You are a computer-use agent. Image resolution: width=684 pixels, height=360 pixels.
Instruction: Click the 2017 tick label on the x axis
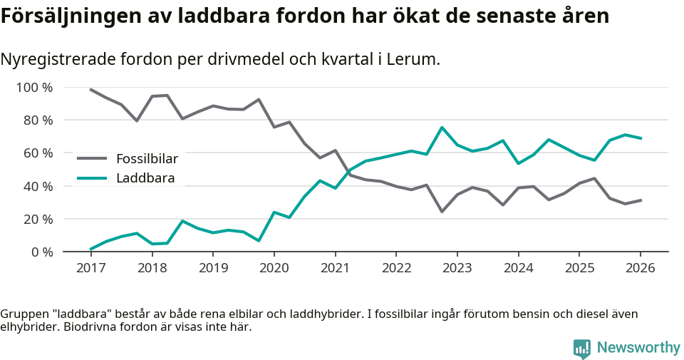90,268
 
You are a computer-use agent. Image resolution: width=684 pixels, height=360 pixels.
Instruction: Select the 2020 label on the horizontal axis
274,268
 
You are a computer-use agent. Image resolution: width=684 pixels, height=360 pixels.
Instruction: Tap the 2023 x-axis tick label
457,268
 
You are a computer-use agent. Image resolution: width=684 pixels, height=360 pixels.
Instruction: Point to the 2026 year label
640,268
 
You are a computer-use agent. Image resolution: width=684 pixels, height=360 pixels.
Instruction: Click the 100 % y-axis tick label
34,88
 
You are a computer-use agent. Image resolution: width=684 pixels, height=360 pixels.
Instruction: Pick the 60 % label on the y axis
37,153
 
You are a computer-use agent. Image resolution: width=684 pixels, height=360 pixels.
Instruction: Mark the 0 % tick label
41,252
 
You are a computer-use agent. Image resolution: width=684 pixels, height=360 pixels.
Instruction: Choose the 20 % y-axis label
37,219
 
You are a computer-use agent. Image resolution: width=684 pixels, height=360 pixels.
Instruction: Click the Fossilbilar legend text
147,158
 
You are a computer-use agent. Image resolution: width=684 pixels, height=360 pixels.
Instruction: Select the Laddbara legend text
145,178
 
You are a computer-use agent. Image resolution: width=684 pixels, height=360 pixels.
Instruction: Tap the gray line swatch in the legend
92,158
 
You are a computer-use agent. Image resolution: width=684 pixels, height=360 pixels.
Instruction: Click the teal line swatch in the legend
92,178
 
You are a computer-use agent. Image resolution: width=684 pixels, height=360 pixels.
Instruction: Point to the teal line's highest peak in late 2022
442,128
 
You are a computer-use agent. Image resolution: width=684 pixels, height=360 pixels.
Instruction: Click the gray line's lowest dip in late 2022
442,212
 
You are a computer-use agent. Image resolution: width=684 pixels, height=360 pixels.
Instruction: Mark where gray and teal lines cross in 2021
348,172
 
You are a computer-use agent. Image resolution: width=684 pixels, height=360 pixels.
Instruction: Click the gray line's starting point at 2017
90,89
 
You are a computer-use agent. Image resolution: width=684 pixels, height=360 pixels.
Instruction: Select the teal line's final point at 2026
641,138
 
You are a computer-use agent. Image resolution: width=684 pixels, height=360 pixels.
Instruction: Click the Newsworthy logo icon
582,348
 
